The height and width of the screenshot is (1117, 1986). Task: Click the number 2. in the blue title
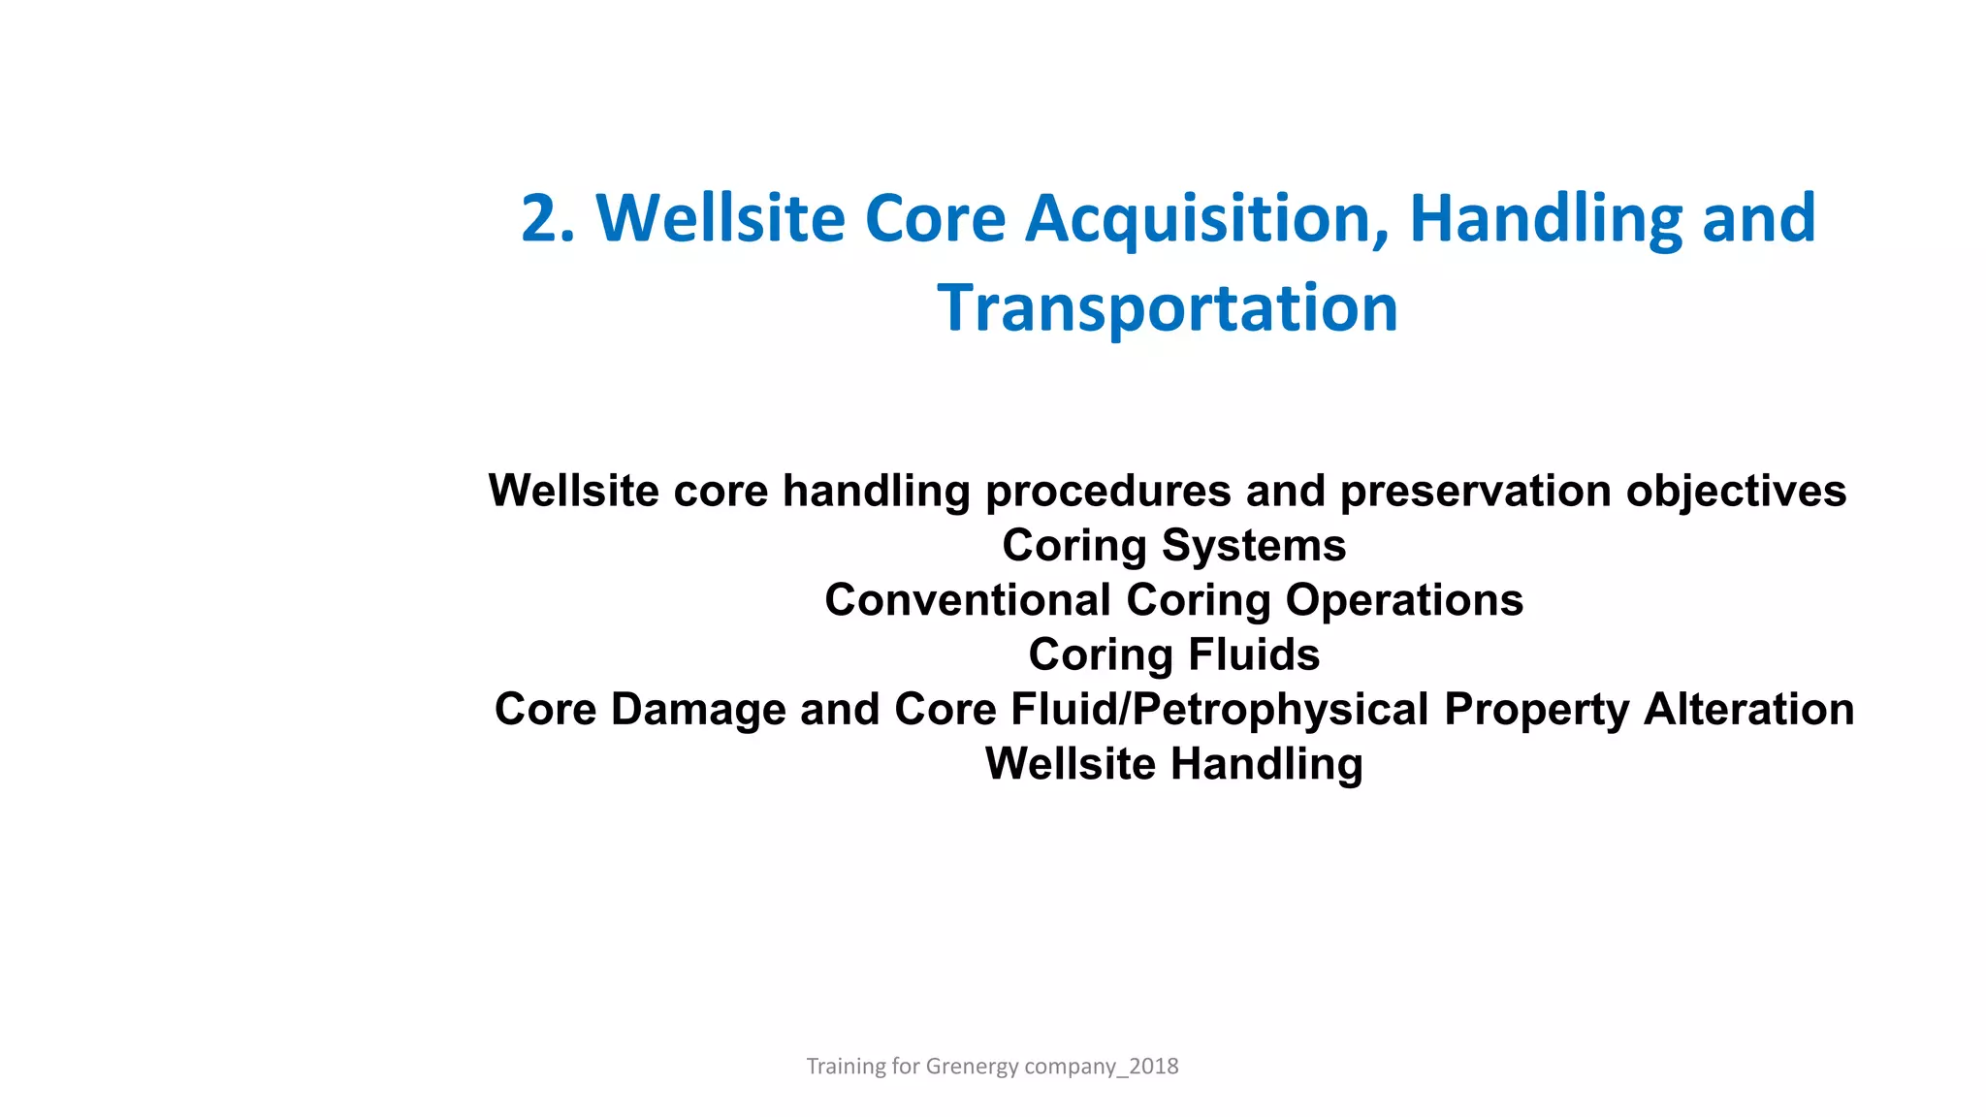(548, 219)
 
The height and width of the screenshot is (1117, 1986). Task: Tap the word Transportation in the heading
(1168, 308)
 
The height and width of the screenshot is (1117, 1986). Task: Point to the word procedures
(1107, 492)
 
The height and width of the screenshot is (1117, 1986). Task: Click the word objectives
(1736, 492)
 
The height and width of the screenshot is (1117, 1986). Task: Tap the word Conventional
(968, 600)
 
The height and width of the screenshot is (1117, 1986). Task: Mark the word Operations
(1404, 600)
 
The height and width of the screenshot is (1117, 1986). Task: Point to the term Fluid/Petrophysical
(1220, 709)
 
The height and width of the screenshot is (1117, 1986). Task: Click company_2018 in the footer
(1102, 1067)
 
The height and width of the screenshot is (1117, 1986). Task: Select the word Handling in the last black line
(1266, 764)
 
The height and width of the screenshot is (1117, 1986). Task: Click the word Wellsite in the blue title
(721, 219)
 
